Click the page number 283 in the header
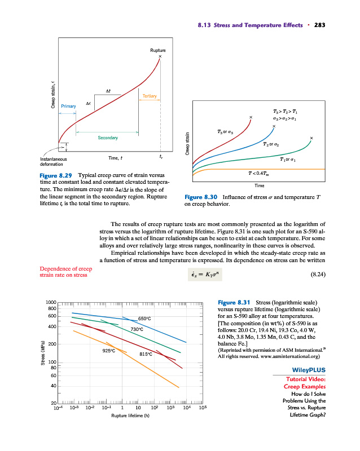[320, 25]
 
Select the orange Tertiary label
[150, 96]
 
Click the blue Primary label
[68, 105]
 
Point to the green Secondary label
[107, 137]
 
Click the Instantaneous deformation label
[51, 163]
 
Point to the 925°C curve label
[109, 350]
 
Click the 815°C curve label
[146, 355]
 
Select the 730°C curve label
[139, 329]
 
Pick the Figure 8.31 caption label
[234, 303]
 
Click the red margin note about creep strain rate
[65, 271]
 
